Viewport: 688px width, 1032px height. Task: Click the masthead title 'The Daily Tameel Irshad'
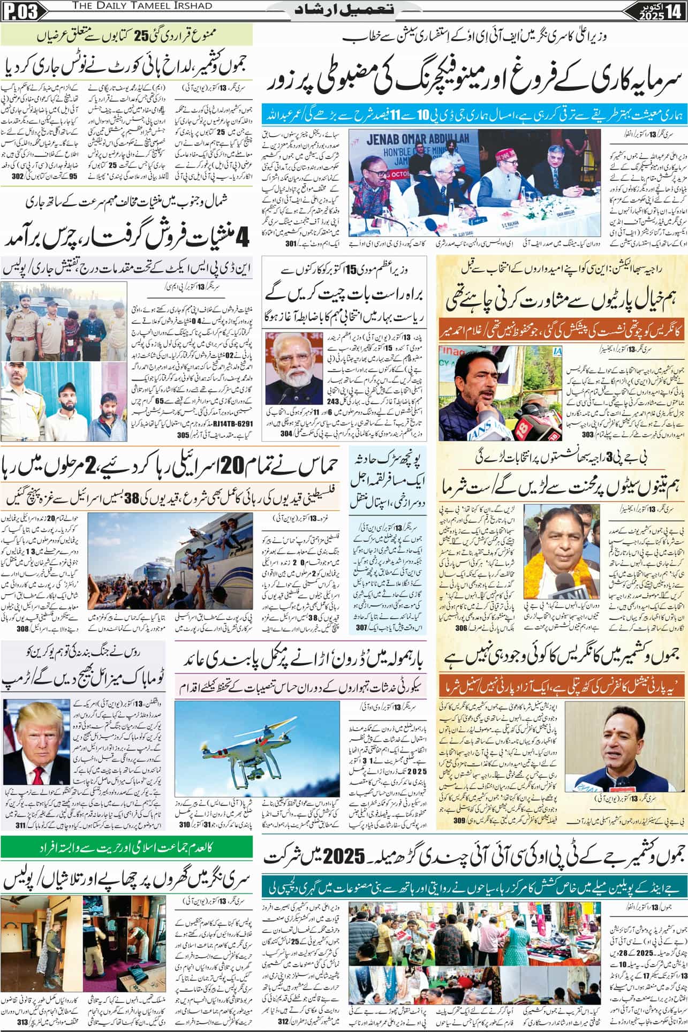pos(108,5)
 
